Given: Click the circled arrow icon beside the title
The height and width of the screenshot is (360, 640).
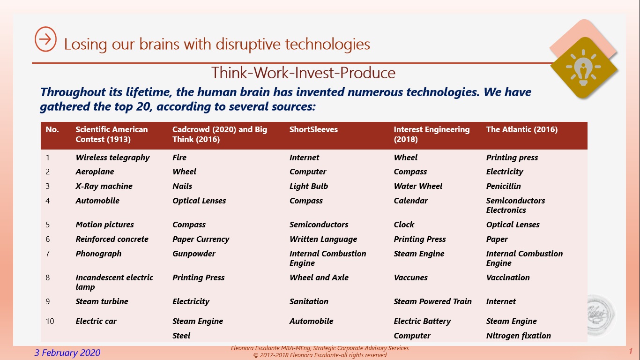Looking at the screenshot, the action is click(x=45, y=39).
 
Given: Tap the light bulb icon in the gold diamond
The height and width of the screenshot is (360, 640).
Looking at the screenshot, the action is click(x=583, y=67).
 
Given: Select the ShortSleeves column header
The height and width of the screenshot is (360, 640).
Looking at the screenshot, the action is click(x=313, y=129).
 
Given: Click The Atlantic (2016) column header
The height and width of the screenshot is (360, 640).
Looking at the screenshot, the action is click(x=522, y=129).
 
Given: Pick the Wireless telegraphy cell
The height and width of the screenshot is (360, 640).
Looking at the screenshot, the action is click(x=112, y=157).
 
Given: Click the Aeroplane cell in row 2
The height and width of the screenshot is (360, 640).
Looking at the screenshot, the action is click(x=95, y=172).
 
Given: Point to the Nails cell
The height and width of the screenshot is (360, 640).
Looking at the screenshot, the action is click(x=182, y=186).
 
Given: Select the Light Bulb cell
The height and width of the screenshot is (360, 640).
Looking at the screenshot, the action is click(x=309, y=186).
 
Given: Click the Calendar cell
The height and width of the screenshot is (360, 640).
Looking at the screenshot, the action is click(x=410, y=201).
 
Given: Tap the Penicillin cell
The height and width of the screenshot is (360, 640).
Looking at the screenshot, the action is click(x=504, y=186).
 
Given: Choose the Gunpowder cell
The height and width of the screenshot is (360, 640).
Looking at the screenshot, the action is click(x=193, y=254).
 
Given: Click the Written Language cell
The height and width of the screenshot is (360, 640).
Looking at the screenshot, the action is click(x=323, y=239).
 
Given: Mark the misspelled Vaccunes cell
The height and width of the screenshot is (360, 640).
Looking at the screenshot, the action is click(x=410, y=277).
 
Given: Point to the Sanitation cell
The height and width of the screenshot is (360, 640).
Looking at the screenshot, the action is click(x=309, y=301).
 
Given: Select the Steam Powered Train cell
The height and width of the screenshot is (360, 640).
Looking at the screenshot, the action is click(x=432, y=301).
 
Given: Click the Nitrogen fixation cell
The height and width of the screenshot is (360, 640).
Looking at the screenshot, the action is click(x=518, y=336).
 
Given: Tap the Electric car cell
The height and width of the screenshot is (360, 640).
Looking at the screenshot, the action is click(x=96, y=321).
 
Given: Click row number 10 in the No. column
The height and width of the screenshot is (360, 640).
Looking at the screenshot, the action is click(x=50, y=321).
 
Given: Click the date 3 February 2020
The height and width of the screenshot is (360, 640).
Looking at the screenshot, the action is click(x=67, y=352).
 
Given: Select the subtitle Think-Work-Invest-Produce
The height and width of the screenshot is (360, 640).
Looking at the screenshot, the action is click(x=303, y=73).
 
